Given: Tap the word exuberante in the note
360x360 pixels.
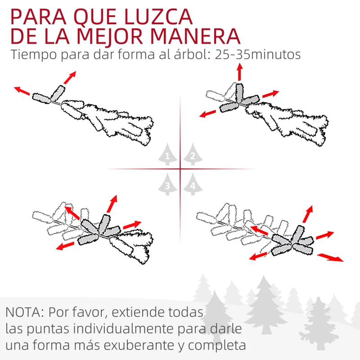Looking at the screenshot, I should [147, 346].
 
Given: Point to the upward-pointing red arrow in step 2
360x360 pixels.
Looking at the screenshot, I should [239, 72].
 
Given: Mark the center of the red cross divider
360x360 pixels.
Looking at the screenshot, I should [180, 169].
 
